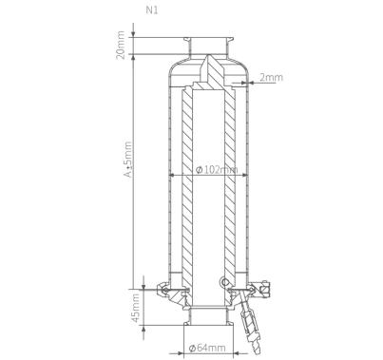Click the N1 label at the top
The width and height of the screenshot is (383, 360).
(x=152, y=10)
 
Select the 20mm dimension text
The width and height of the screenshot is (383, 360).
(x=121, y=45)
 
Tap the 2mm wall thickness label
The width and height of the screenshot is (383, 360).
(x=271, y=77)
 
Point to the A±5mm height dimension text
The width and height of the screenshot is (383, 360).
(x=128, y=160)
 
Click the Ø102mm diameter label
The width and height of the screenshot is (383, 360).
(x=217, y=170)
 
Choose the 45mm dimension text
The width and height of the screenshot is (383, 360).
(x=136, y=309)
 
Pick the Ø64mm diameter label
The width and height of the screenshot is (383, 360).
(x=207, y=348)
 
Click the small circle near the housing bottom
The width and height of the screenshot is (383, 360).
(x=225, y=282)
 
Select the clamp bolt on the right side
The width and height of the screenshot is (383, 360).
(x=264, y=289)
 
